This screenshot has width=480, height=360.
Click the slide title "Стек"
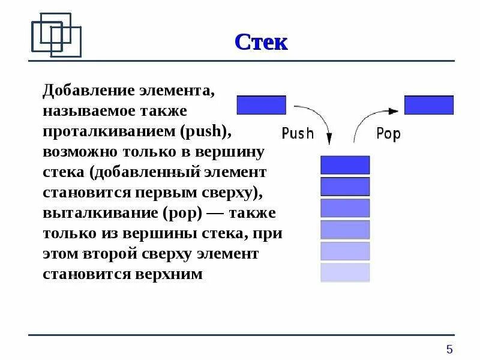(261, 42)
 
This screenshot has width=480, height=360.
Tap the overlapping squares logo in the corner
(56, 34)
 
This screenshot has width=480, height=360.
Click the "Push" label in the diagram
(298, 133)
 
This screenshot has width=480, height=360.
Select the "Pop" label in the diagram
(388, 133)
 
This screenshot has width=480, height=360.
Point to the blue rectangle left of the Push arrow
(262, 105)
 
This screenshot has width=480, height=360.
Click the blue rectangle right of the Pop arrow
(429, 105)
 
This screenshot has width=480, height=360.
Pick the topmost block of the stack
(345, 165)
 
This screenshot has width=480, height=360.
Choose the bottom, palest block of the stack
(345, 272)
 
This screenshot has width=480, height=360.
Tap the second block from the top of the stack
(345, 187)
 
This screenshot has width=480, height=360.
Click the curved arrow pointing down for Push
(318, 117)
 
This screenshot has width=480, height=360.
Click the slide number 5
(449, 349)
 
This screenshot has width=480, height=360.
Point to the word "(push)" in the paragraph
(205, 131)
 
